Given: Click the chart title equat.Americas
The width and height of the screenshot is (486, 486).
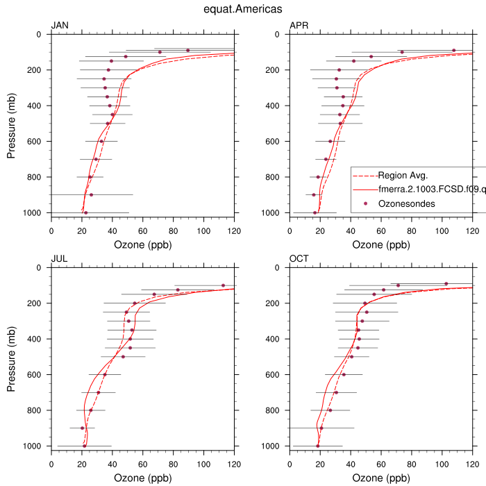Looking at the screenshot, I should (242, 9).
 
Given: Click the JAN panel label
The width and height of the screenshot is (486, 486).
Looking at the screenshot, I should (60, 26).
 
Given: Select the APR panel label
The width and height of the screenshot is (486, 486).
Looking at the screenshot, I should (299, 26).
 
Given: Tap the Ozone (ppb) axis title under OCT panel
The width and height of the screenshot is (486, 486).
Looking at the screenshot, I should (381, 478).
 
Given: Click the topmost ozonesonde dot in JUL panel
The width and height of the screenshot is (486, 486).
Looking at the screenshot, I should (223, 285).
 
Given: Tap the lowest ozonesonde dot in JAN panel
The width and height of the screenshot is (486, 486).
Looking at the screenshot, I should (85, 212).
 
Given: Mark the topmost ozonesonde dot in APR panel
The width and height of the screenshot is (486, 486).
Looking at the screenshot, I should (454, 50).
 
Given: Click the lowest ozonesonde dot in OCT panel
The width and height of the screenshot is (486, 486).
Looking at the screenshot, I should (318, 446).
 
